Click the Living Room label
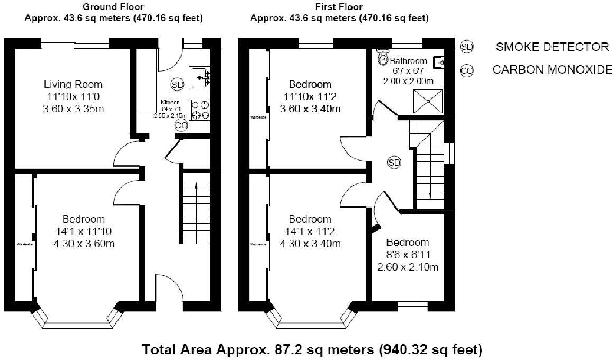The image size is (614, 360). click(x=73, y=85)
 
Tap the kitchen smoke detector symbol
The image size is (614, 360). click(x=177, y=84)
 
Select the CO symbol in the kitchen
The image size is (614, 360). click(x=181, y=125)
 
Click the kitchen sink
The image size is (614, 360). click(x=201, y=78)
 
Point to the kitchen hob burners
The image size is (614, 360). click(x=200, y=109)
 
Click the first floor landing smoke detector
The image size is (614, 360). click(x=394, y=163)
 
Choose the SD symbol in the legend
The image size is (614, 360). click(x=466, y=47)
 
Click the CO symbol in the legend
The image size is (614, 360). click(x=466, y=70)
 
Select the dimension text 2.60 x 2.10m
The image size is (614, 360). click(x=408, y=267)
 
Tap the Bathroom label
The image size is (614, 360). click(x=408, y=61)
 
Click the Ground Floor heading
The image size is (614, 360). click(x=113, y=7)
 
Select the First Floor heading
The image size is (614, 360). click(x=339, y=7)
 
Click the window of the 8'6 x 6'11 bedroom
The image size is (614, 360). click(x=412, y=306)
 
